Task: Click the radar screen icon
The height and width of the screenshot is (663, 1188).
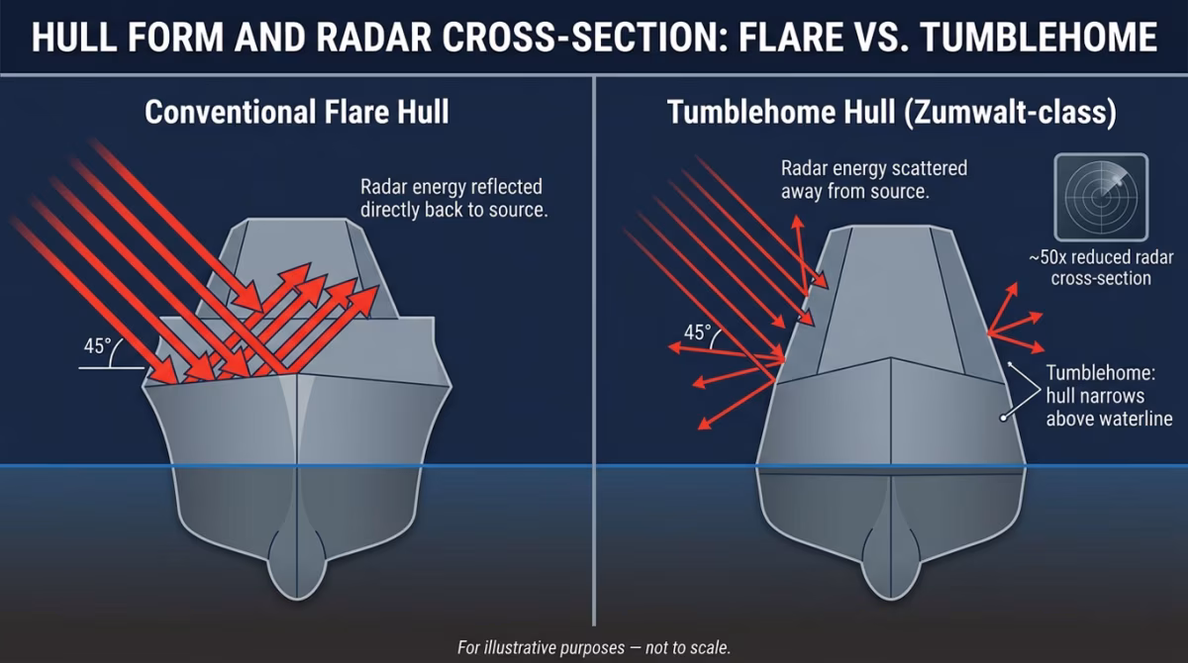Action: (x=1100, y=195)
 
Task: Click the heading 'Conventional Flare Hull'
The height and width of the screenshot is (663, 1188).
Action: (x=296, y=111)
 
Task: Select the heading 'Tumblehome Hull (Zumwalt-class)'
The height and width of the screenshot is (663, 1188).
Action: (x=891, y=111)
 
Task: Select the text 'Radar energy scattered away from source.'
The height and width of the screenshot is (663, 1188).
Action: (x=874, y=178)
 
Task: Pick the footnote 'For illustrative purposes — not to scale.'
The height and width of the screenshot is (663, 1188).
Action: (x=593, y=647)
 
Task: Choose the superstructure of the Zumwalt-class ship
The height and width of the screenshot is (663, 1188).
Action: (x=891, y=297)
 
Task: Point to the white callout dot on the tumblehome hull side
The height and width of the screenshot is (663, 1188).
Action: (x=1003, y=419)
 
